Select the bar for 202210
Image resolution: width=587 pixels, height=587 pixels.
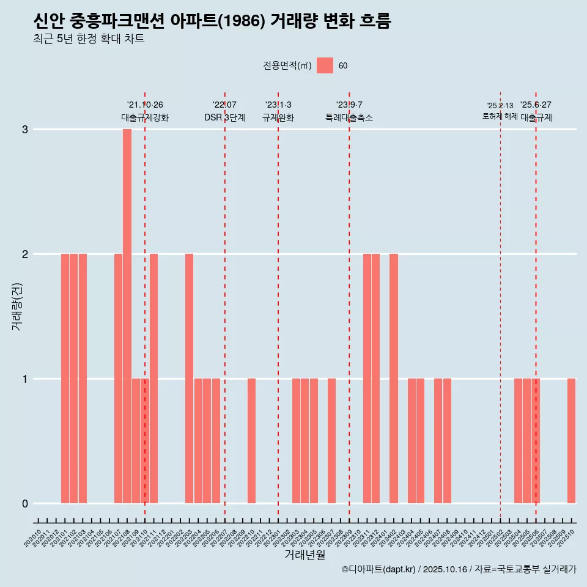coord(251,441)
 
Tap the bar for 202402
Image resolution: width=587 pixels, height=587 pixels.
coord(394,378)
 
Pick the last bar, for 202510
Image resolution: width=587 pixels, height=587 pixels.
coord(571,441)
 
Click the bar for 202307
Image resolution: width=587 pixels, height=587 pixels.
coord(331,441)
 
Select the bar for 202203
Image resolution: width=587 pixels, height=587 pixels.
coord(189,378)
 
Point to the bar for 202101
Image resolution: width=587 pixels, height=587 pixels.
coord(65,378)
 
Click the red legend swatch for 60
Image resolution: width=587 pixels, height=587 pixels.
coord(325,65)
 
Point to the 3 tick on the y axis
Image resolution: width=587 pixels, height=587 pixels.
coord(25,130)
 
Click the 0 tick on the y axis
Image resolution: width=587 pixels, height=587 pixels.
coord(25,504)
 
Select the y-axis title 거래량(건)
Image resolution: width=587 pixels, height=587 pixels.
coord(17,306)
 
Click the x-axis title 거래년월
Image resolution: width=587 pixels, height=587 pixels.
coord(305,555)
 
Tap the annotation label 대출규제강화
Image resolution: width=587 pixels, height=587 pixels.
coord(145,117)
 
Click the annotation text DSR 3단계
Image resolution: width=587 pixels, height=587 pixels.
coord(224,117)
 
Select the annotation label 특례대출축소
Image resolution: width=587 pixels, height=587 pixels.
coord(349,117)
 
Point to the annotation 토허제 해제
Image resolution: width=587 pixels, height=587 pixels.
coord(500,116)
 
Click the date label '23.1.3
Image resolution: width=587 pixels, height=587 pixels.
coord(278,105)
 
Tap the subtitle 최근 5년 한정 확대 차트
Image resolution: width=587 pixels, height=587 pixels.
coord(89,40)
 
